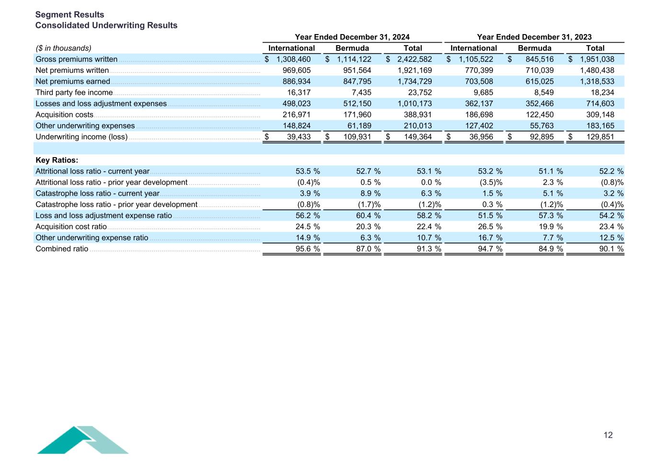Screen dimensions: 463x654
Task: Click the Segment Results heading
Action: pyautogui.click(x=69, y=14)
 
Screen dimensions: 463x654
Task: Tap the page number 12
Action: pyautogui.click(x=608, y=435)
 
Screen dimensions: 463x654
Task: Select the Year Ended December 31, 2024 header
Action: pyautogui.click(x=352, y=37)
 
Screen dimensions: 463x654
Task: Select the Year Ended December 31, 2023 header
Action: pyautogui.click(x=534, y=37)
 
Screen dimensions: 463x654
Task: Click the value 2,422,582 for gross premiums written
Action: pyautogui.click(x=414, y=59)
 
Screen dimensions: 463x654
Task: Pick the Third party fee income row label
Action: pyautogui.click(x=74, y=93)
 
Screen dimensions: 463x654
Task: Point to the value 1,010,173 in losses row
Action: pyautogui.click(x=414, y=104)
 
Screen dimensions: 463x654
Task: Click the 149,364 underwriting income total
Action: pyautogui.click(x=418, y=137)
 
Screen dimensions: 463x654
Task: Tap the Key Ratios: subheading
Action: pyautogui.click(x=57, y=160)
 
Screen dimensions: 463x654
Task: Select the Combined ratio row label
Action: pyautogui.click(x=62, y=249)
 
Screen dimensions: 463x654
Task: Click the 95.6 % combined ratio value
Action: pyautogui.click(x=308, y=249)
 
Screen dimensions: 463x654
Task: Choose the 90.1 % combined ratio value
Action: pyautogui.click(x=611, y=249)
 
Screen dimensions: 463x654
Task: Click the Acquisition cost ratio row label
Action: pyautogui.click(x=71, y=227)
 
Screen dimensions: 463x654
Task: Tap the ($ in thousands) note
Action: pyautogui.click(x=63, y=48)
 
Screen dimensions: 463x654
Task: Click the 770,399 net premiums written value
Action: pyautogui.click(x=479, y=70)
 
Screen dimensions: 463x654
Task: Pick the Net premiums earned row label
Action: pyautogui.click(x=73, y=81)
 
